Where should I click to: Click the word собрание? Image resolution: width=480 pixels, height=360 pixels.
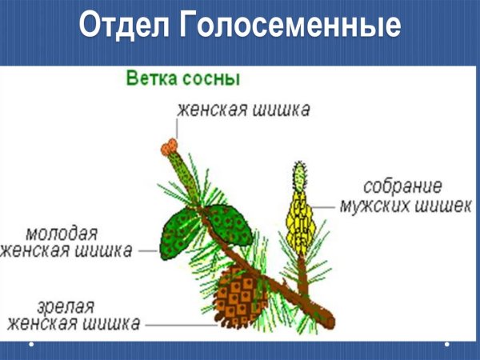coord(402,186)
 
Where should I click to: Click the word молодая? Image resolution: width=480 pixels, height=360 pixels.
coord(62,234)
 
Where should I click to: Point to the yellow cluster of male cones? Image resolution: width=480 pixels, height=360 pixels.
coord(298,212)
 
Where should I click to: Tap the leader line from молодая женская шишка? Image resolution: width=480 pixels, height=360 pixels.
coord(147,250)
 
